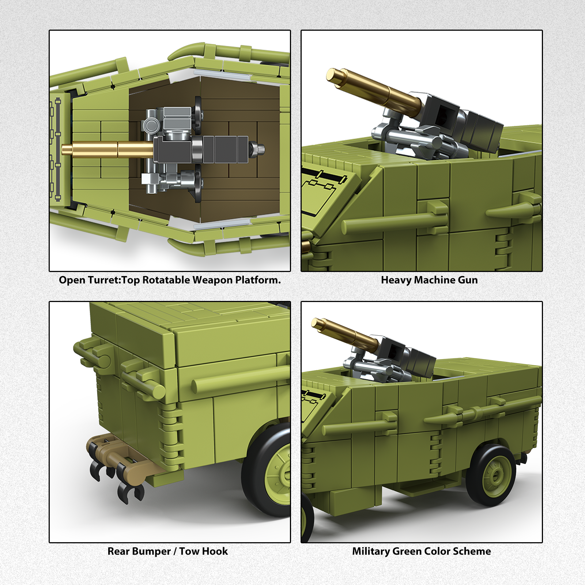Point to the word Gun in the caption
click(x=468, y=280)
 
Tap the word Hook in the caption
click(x=216, y=551)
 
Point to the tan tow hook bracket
click(x=117, y=455)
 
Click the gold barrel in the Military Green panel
click(x=345, y=333)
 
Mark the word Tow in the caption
click(x=190, y=551)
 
